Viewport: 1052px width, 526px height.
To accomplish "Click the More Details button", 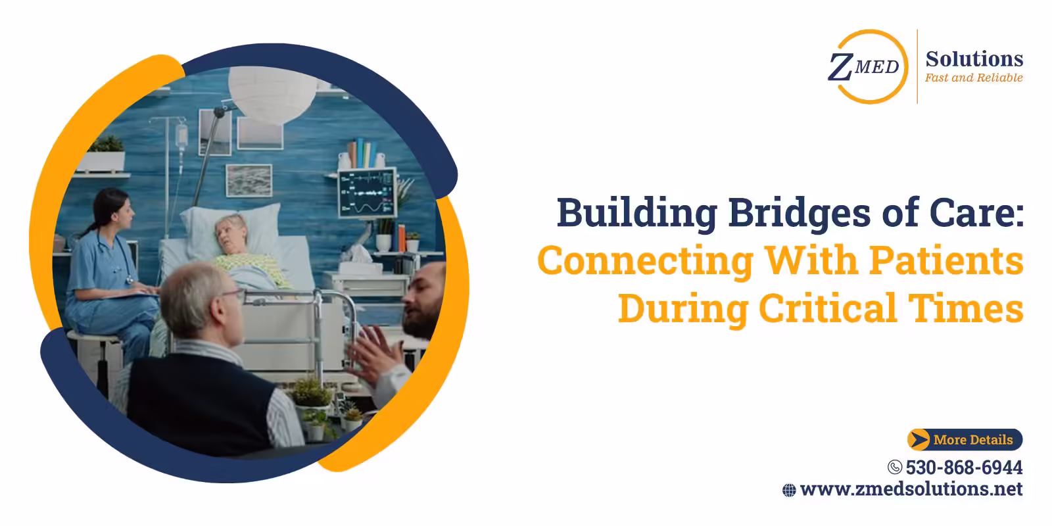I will (x=965, y=439).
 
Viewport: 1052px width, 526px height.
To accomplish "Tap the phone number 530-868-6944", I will (x=964, y=467).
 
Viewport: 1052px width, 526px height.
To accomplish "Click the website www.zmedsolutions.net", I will (x=911, y=489).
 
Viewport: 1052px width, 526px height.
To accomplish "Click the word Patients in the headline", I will (x=947, y=260).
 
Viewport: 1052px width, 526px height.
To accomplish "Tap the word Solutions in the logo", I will (x=974, y=59).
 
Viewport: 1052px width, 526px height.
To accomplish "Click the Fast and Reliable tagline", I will (x=974, y=78).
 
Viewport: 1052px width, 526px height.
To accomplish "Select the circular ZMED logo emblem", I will (x=866, y=66).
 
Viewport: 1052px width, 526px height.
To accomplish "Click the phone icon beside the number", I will (x=894, y=467).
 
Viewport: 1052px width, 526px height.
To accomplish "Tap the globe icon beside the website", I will (x=789, y=490).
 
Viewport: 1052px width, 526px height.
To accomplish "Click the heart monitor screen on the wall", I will (x=367, y=193).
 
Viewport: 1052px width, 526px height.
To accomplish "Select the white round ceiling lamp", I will (x=272, y=91).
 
